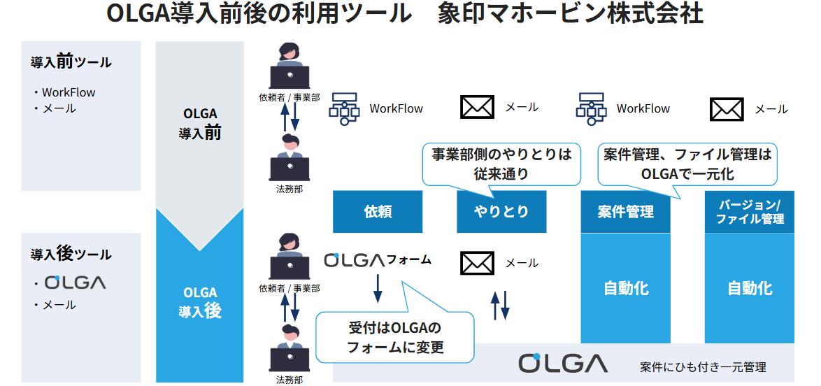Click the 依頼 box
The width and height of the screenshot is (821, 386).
pos(378,211)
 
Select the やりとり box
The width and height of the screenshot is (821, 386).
pos(501,211)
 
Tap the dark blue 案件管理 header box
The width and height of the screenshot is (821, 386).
pos(625,211)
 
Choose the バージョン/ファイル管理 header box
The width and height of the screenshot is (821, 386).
pos(749,211)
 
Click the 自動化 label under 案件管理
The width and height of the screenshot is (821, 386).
pos(625,287)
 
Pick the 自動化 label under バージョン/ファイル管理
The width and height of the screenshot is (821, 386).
pos(749,287)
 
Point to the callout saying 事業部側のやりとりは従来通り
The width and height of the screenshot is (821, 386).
pos(501,164)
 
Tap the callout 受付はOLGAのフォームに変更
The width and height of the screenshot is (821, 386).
pos(395,337)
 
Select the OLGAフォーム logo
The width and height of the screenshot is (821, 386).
pos(378,260)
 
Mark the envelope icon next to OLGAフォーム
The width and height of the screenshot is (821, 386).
pos(478,263)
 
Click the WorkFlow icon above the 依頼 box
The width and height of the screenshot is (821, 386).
pos(344,108)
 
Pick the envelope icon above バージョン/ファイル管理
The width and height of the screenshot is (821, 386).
pos(727,108)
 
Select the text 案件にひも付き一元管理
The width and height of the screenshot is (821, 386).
pos(703,366)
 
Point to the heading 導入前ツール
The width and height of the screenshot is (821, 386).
pos(71,62)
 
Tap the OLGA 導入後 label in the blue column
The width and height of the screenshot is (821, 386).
pos(200,302)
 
